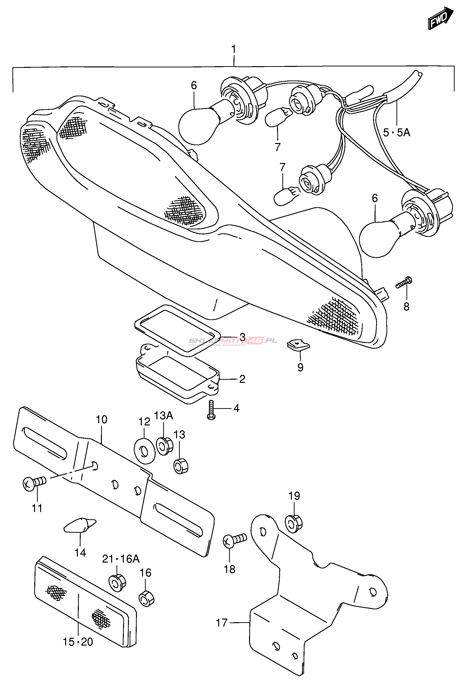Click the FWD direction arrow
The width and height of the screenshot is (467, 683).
440,18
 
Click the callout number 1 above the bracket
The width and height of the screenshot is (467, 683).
234,49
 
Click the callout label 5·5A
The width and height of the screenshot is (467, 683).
396,133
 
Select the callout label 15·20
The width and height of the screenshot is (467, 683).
78,642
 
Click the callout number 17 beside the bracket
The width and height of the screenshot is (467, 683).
222,622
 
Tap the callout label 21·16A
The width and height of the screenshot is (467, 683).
120,559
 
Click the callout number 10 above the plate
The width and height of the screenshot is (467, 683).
101,419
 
